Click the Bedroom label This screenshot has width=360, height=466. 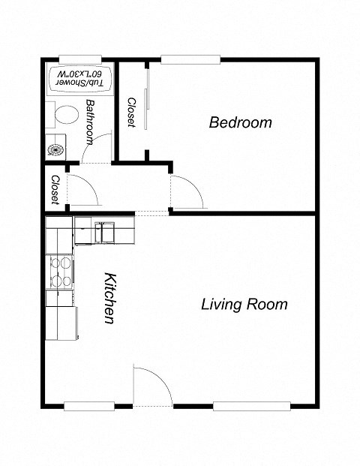click(240, 122)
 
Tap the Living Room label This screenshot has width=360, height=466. click(244, 305)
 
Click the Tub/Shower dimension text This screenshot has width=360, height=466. click(79, 78)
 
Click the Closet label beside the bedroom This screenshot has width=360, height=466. click(130, 113)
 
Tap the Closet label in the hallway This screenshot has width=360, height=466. click(55, 190)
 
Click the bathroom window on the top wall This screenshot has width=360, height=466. click(79, 59)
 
